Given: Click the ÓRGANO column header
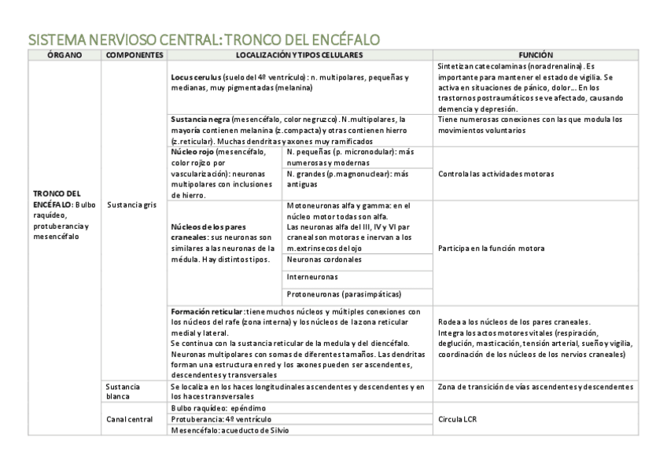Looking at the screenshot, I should (x=64, y=56).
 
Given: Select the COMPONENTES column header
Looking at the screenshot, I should (x=135, y=56).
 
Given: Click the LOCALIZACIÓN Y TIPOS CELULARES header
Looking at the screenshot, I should (x=300, y=56).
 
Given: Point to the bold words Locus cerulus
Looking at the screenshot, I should (x=196, y=78).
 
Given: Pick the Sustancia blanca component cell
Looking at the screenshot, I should (x=123, y=392).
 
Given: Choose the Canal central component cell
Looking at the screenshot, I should (x=130, y=419).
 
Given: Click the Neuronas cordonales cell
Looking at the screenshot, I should (x=324, y=259).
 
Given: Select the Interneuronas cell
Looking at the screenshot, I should (x=312, y=277).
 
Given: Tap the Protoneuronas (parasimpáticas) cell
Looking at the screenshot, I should (x=344, y=294).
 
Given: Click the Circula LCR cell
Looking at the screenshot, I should (x=458, y=419).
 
